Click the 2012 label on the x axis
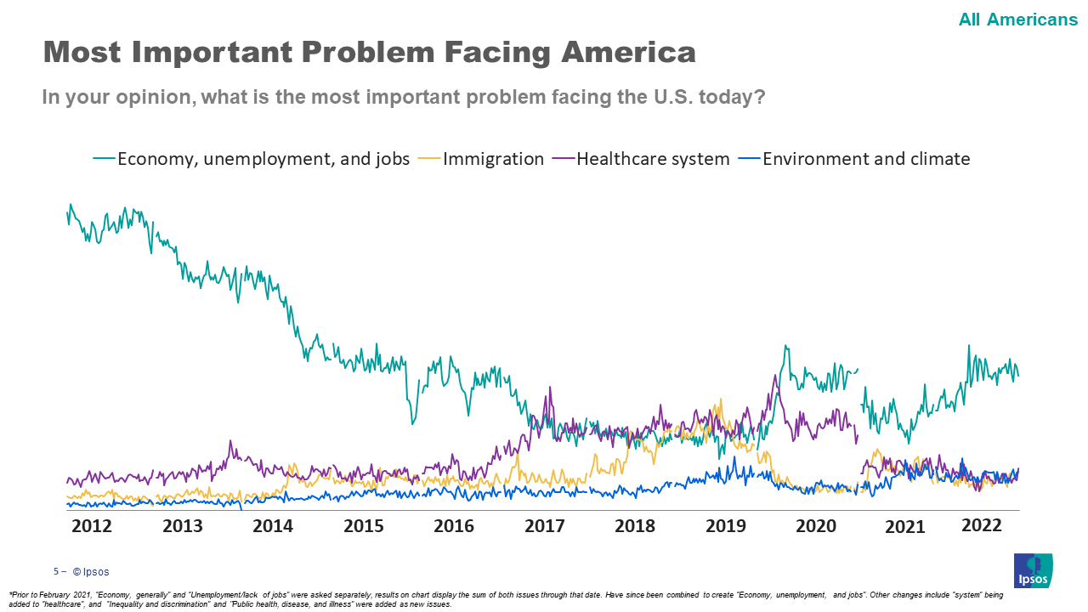coord(92,526)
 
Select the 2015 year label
coord(364,526)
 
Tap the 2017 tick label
coord(545,526)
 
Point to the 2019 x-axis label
coord(726,526)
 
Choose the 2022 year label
coord(982,525)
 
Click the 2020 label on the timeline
coord(816,526)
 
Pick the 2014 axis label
coord(273,526)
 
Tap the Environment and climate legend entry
coord(865,159)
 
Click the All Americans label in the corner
coord(1017,20)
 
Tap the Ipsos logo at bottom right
coord(1033,570)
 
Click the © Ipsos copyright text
coord(91,572)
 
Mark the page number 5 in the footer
coord(56,572)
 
